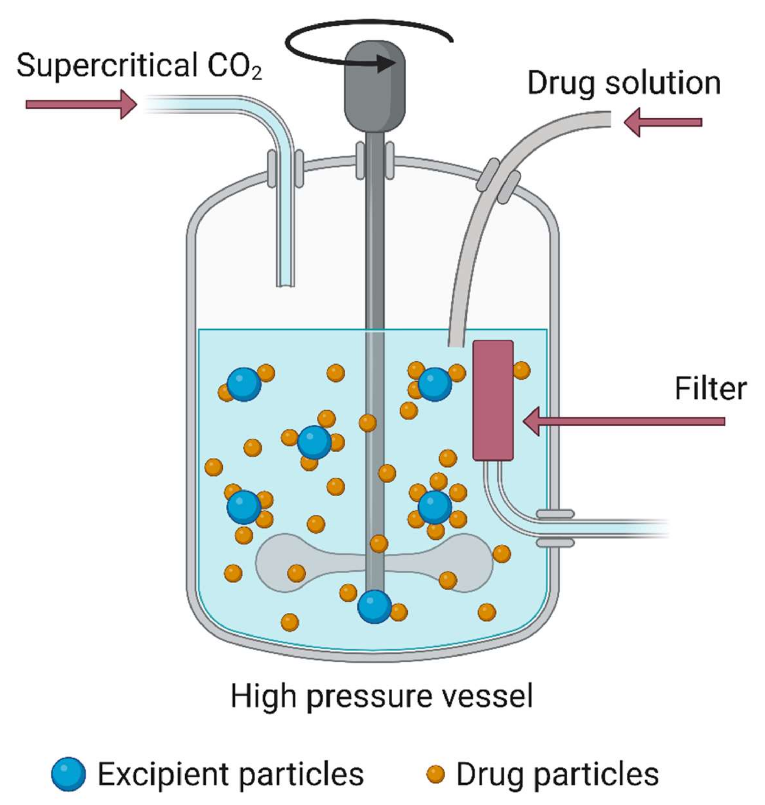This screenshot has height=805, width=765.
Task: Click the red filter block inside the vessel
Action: (493, 400)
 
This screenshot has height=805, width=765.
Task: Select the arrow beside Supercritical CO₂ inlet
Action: (81, 105)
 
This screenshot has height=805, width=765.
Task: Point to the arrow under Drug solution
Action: (662, 122)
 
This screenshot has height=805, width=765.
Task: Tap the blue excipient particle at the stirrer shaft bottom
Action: (374, 607)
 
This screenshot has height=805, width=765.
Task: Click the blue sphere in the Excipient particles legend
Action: (69, 774)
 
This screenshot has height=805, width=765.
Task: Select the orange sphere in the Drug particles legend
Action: (435, 774)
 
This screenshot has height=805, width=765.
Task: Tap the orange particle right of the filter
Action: (521, 370)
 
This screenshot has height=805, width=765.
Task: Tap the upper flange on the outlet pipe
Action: (555, 514)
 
